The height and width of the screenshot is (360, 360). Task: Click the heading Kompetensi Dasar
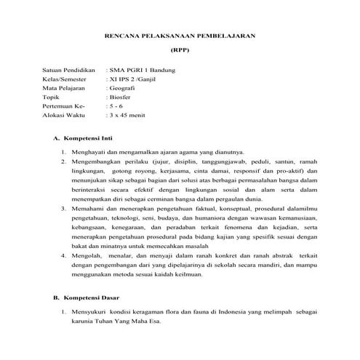pyautogui.click(x=95, y=299)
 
